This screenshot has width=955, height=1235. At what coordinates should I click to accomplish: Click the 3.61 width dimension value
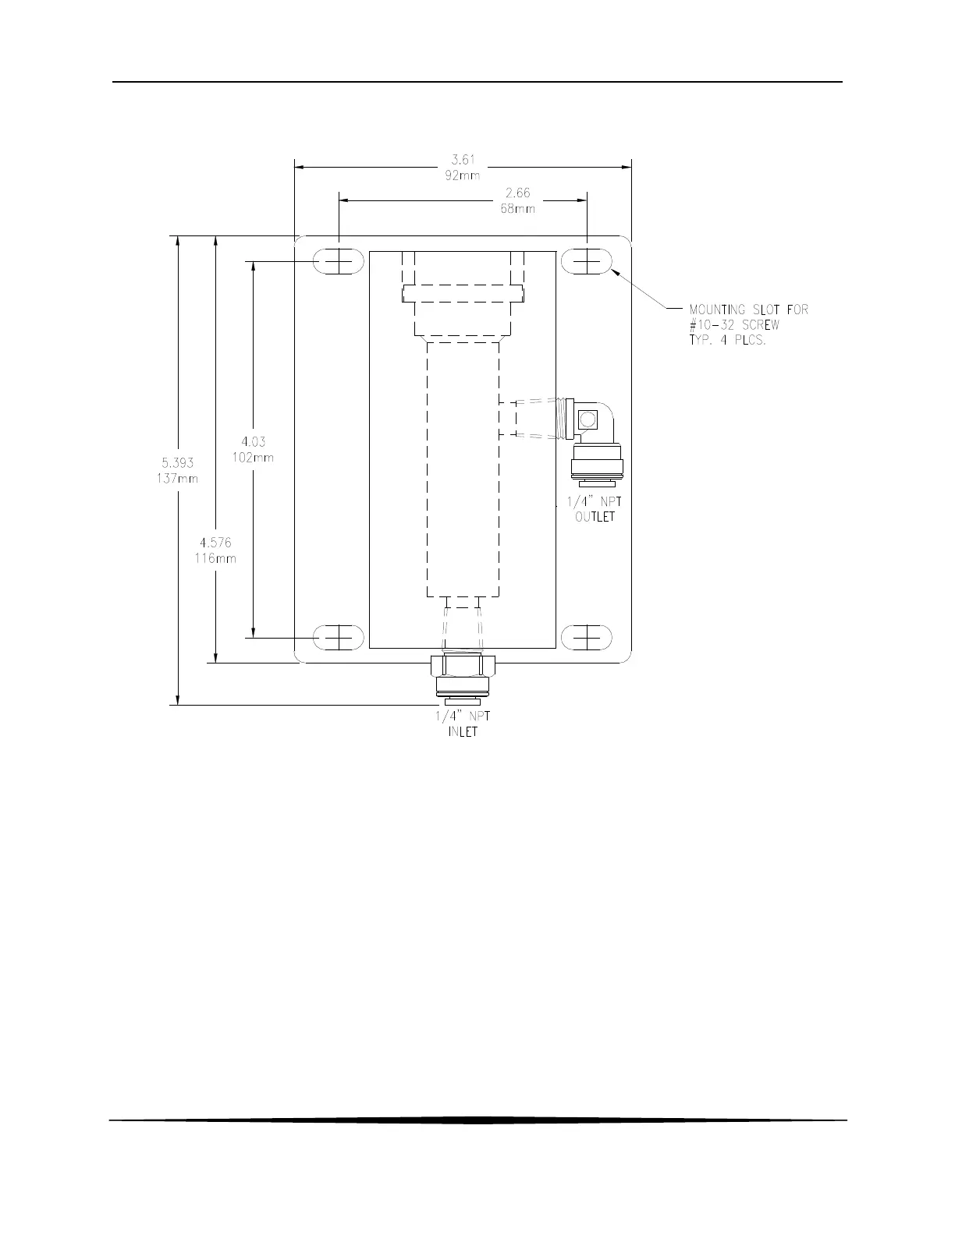(463, 160)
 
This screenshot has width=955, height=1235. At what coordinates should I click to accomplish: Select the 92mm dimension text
(463, 175)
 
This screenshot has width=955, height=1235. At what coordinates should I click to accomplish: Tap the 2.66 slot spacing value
(517, 193)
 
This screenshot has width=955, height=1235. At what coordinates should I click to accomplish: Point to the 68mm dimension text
(517, 209)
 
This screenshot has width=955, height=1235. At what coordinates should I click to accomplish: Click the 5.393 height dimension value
(177, 462)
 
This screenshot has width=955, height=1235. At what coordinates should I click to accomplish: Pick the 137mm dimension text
(177, 479)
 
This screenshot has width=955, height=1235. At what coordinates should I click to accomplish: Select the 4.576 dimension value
(215, 542)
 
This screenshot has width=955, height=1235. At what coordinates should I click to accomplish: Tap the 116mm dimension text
(215, 558)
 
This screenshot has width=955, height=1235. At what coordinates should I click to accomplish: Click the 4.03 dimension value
(253, 441)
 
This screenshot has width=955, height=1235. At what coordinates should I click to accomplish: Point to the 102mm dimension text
(253, 458)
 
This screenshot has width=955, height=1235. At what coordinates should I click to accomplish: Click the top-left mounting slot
(339, 261)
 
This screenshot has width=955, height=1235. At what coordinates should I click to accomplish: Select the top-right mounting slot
(587, 261)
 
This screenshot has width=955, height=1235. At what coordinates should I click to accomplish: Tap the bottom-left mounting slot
(339, 637)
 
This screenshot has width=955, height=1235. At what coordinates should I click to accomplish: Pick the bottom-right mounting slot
(587, 637)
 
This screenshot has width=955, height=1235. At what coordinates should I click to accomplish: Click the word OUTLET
(595, 517)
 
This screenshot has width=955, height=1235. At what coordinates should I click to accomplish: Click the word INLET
(463, 732)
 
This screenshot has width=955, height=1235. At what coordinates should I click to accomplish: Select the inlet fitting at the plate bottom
(463, 680)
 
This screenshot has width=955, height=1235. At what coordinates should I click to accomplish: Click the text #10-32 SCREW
(734, 325)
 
